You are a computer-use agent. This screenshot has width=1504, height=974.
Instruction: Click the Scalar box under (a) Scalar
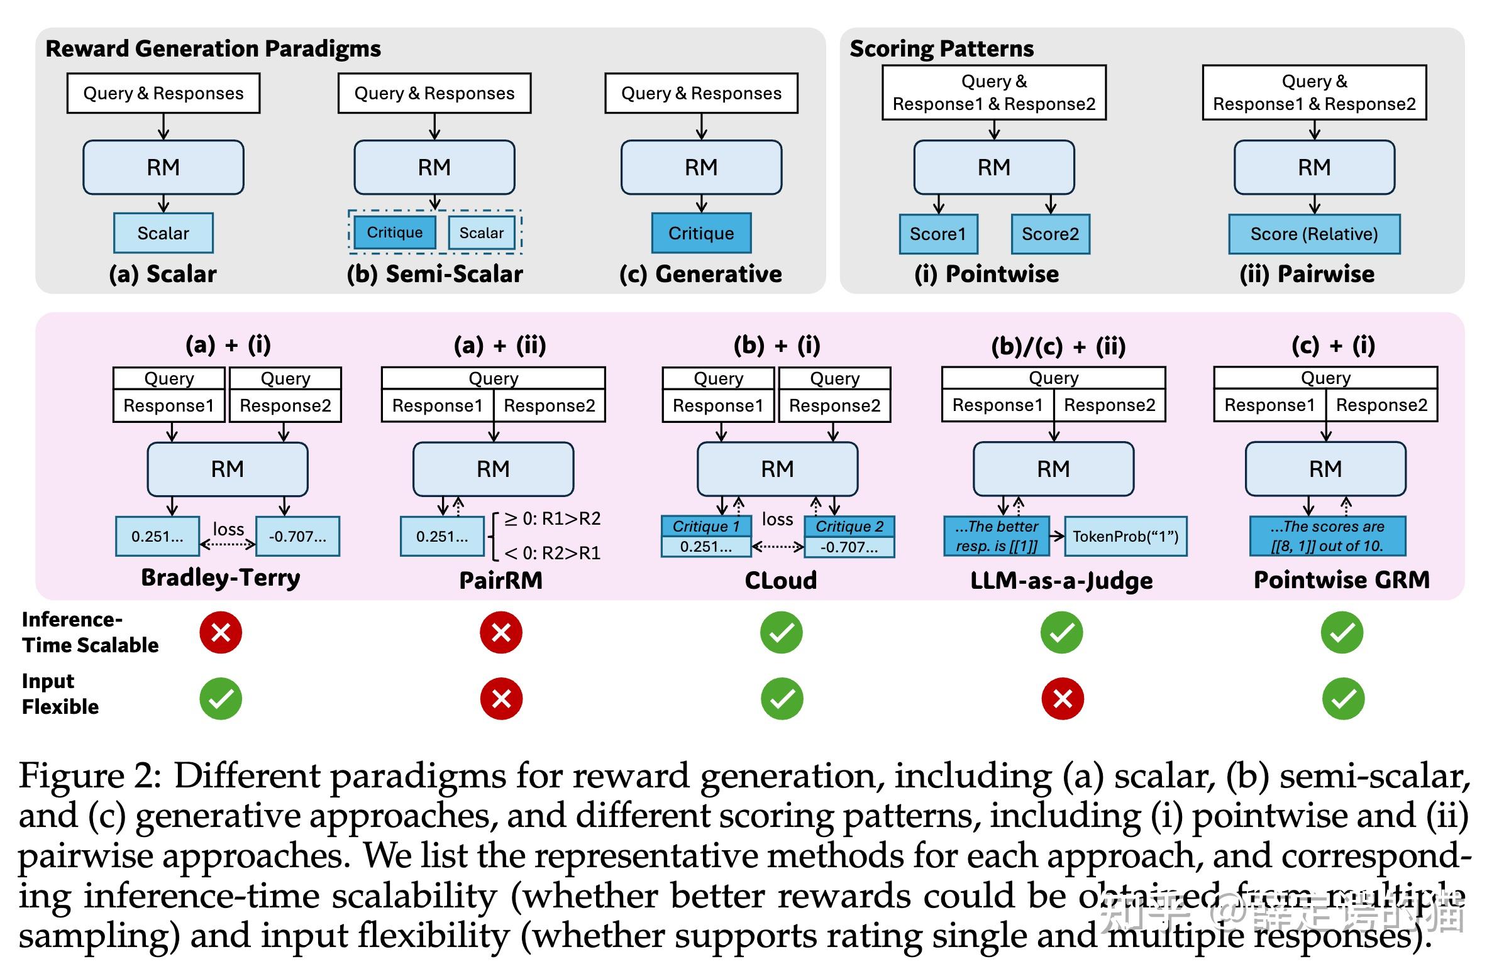[163, 233]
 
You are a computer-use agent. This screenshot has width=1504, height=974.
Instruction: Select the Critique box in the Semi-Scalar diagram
[394, 233]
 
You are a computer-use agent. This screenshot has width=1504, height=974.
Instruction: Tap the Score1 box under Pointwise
[937, 234]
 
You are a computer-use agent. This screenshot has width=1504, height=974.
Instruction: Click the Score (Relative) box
[1313, 234]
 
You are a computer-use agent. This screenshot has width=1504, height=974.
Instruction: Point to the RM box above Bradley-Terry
[228, 469]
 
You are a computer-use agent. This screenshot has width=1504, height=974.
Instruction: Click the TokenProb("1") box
[1125, 537]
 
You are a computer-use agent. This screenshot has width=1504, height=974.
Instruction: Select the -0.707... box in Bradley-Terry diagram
[297, 537]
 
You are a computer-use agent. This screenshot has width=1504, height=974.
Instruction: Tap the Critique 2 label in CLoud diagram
[849, 526]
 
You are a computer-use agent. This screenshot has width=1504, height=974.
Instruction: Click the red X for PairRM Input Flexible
[501, 699]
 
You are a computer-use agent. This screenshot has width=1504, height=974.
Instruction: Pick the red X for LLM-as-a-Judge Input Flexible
[1062, 699]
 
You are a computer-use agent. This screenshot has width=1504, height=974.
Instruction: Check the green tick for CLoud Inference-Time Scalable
[782, 632]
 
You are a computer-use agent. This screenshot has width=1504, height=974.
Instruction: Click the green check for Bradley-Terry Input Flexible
[221, 699]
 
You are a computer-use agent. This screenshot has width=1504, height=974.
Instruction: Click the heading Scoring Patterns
[941, 48]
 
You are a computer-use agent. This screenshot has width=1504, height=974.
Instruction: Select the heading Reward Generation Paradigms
[213, 48]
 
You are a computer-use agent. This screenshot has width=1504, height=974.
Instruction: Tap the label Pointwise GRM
[1342, 580]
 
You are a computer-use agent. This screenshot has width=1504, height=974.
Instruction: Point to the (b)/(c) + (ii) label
[1058, 346]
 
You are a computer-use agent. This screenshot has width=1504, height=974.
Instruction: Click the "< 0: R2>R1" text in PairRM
[551, 554]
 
